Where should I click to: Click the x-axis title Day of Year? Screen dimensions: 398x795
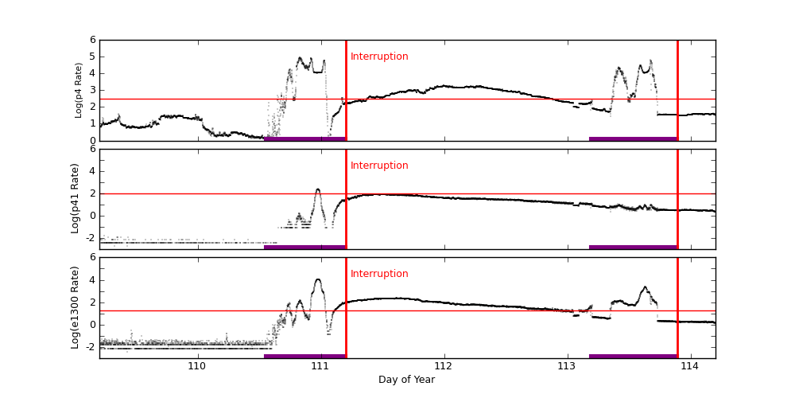pos(406,380)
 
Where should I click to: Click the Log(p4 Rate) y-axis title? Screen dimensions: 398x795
pos(79,90)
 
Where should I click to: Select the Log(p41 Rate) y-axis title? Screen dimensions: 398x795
pos(76,198)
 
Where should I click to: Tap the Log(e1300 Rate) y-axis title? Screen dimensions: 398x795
pos(76,307)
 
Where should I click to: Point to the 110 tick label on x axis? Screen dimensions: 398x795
pos(197,366)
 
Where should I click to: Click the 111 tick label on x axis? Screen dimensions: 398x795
pos(320,366)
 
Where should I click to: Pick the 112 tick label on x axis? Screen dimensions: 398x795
pos(444,366)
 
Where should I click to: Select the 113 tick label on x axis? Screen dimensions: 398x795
pos(567,366)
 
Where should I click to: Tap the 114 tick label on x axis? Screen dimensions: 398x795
pos(690,366)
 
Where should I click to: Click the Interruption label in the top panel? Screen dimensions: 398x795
pos(379,57)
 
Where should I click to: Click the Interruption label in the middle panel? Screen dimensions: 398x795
pos(379,166)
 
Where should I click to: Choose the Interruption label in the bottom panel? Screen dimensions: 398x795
pos(379,274)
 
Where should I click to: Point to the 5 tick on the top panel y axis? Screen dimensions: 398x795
pos(92,57)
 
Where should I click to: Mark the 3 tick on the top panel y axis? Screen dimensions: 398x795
pos(92,90)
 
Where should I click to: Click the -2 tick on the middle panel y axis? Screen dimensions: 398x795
pos(91,237)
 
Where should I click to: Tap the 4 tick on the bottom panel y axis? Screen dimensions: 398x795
pos(92,279)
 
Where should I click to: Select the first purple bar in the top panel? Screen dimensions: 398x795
pos(304,139)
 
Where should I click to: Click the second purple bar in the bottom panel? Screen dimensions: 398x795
pos(633,356)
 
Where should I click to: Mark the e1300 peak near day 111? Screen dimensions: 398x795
pos(318,279)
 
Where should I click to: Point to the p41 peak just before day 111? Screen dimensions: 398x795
pos(318,189)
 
